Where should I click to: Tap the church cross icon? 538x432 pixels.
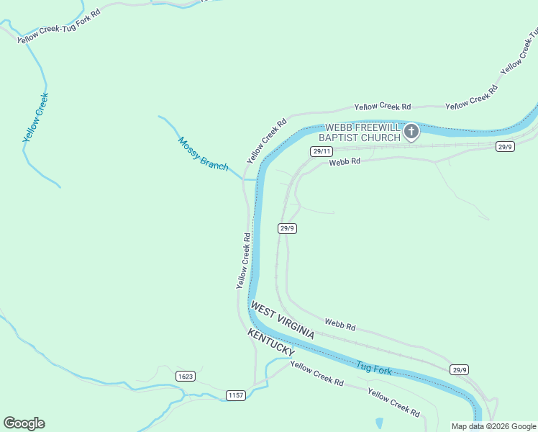point(411,131)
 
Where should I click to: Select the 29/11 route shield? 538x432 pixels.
point(322,151)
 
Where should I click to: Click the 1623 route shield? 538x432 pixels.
point(185,377)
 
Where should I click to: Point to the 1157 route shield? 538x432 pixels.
point(236,395)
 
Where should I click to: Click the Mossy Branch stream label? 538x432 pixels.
point(203,154)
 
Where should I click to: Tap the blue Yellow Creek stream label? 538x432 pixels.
point(35,117)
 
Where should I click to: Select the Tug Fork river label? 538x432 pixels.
point(373,369)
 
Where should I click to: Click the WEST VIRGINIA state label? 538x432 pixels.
point(283,321)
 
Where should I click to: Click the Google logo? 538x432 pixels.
point(24,423)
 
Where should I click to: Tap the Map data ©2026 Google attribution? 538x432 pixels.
point(493,426)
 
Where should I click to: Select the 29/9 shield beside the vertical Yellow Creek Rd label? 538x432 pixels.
point(287,228)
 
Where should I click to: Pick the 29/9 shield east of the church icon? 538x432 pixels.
point(505,146)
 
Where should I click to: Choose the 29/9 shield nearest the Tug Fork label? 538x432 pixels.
point(460,370)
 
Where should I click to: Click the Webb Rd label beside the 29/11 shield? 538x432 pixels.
point(345,162)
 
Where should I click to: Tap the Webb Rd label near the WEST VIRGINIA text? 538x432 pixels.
point(339,325)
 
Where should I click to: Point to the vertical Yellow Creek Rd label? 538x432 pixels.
point(242,261)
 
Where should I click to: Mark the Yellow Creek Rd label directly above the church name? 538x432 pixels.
point(382,106)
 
